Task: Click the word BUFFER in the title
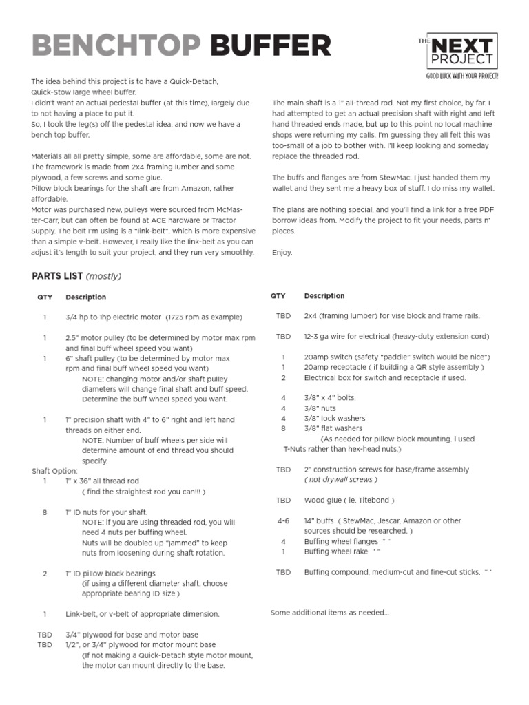(x=271, y=46)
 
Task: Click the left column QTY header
(x=44, y=297)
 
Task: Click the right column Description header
(x=324, y=296)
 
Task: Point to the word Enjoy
(x=282, y=253)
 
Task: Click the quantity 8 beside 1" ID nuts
(x=45, y=512)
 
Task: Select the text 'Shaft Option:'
(x=55, y=471)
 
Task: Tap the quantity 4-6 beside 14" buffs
(x=283, y=521)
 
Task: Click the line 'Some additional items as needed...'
(x=330, y=613)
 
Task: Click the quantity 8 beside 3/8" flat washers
(x=283, y=428)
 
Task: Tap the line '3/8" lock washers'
(x=335, y=418)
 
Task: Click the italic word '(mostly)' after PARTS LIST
(x=103, y=276)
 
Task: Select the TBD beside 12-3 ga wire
(x=283, y=337)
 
